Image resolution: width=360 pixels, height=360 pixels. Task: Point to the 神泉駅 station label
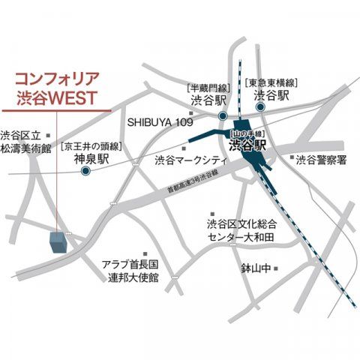91,159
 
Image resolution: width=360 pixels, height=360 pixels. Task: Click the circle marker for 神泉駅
86,172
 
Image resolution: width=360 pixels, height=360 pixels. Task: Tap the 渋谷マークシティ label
190,160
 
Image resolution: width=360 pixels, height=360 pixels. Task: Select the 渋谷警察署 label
320,160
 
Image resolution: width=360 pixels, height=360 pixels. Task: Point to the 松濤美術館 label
25,149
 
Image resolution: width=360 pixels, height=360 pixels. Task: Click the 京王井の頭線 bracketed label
91,146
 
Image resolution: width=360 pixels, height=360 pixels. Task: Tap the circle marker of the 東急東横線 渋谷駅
262,107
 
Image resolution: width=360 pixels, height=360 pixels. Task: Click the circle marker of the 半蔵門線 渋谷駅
223,115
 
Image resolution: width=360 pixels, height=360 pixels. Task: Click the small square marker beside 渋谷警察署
290,157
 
